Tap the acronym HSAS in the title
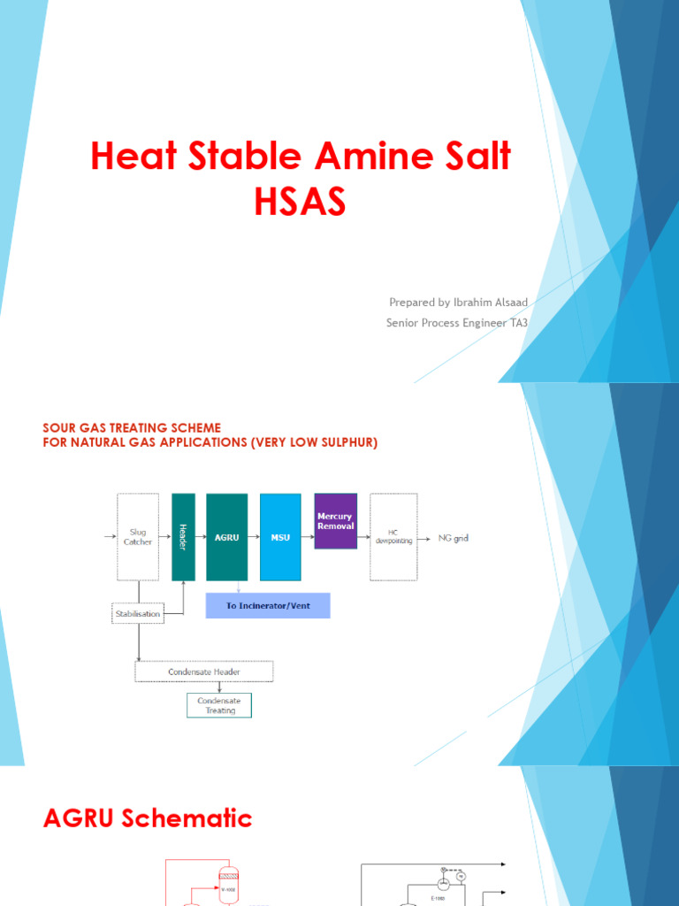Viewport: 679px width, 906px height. coord(300,203)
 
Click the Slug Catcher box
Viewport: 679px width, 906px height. coord(138,536)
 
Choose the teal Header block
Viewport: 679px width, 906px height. coord(183,536)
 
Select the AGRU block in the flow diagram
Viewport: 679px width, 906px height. coord(226,536)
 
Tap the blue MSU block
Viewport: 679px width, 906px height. coord(280,536)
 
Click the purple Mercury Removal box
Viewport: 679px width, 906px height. coord(335,521)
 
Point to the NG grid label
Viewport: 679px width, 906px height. coord(454,538)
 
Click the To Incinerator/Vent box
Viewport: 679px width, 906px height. coord(267,605)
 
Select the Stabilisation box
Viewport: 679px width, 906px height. coord(137,612)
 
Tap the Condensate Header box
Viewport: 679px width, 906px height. coord(204,672)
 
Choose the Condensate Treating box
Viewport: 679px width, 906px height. coord(218,704)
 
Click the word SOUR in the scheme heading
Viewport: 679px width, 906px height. coord(59,428)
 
